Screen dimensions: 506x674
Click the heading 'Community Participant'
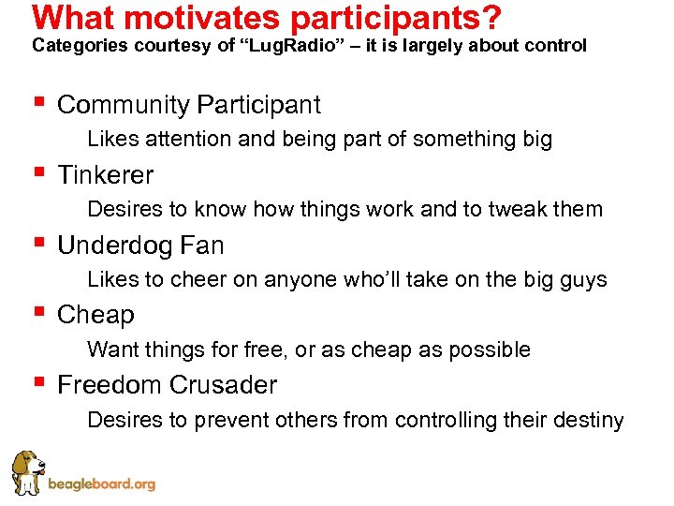(x=188, y=105)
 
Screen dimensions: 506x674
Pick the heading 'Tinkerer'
(x=105, y=175)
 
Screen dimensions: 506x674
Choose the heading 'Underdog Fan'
(x=140, y=246)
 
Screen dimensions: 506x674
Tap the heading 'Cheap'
(x=95, y=315)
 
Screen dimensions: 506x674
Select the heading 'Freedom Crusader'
(x=167, y=385)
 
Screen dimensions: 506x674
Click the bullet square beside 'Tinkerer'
(x=37, y=173)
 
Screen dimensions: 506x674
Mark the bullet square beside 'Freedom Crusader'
(x=37, y=383)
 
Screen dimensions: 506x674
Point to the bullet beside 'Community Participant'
(x=37, y=103)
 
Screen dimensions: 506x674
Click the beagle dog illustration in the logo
(x=28, y=472)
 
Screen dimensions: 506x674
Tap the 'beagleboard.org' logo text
(x=101, y=484)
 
